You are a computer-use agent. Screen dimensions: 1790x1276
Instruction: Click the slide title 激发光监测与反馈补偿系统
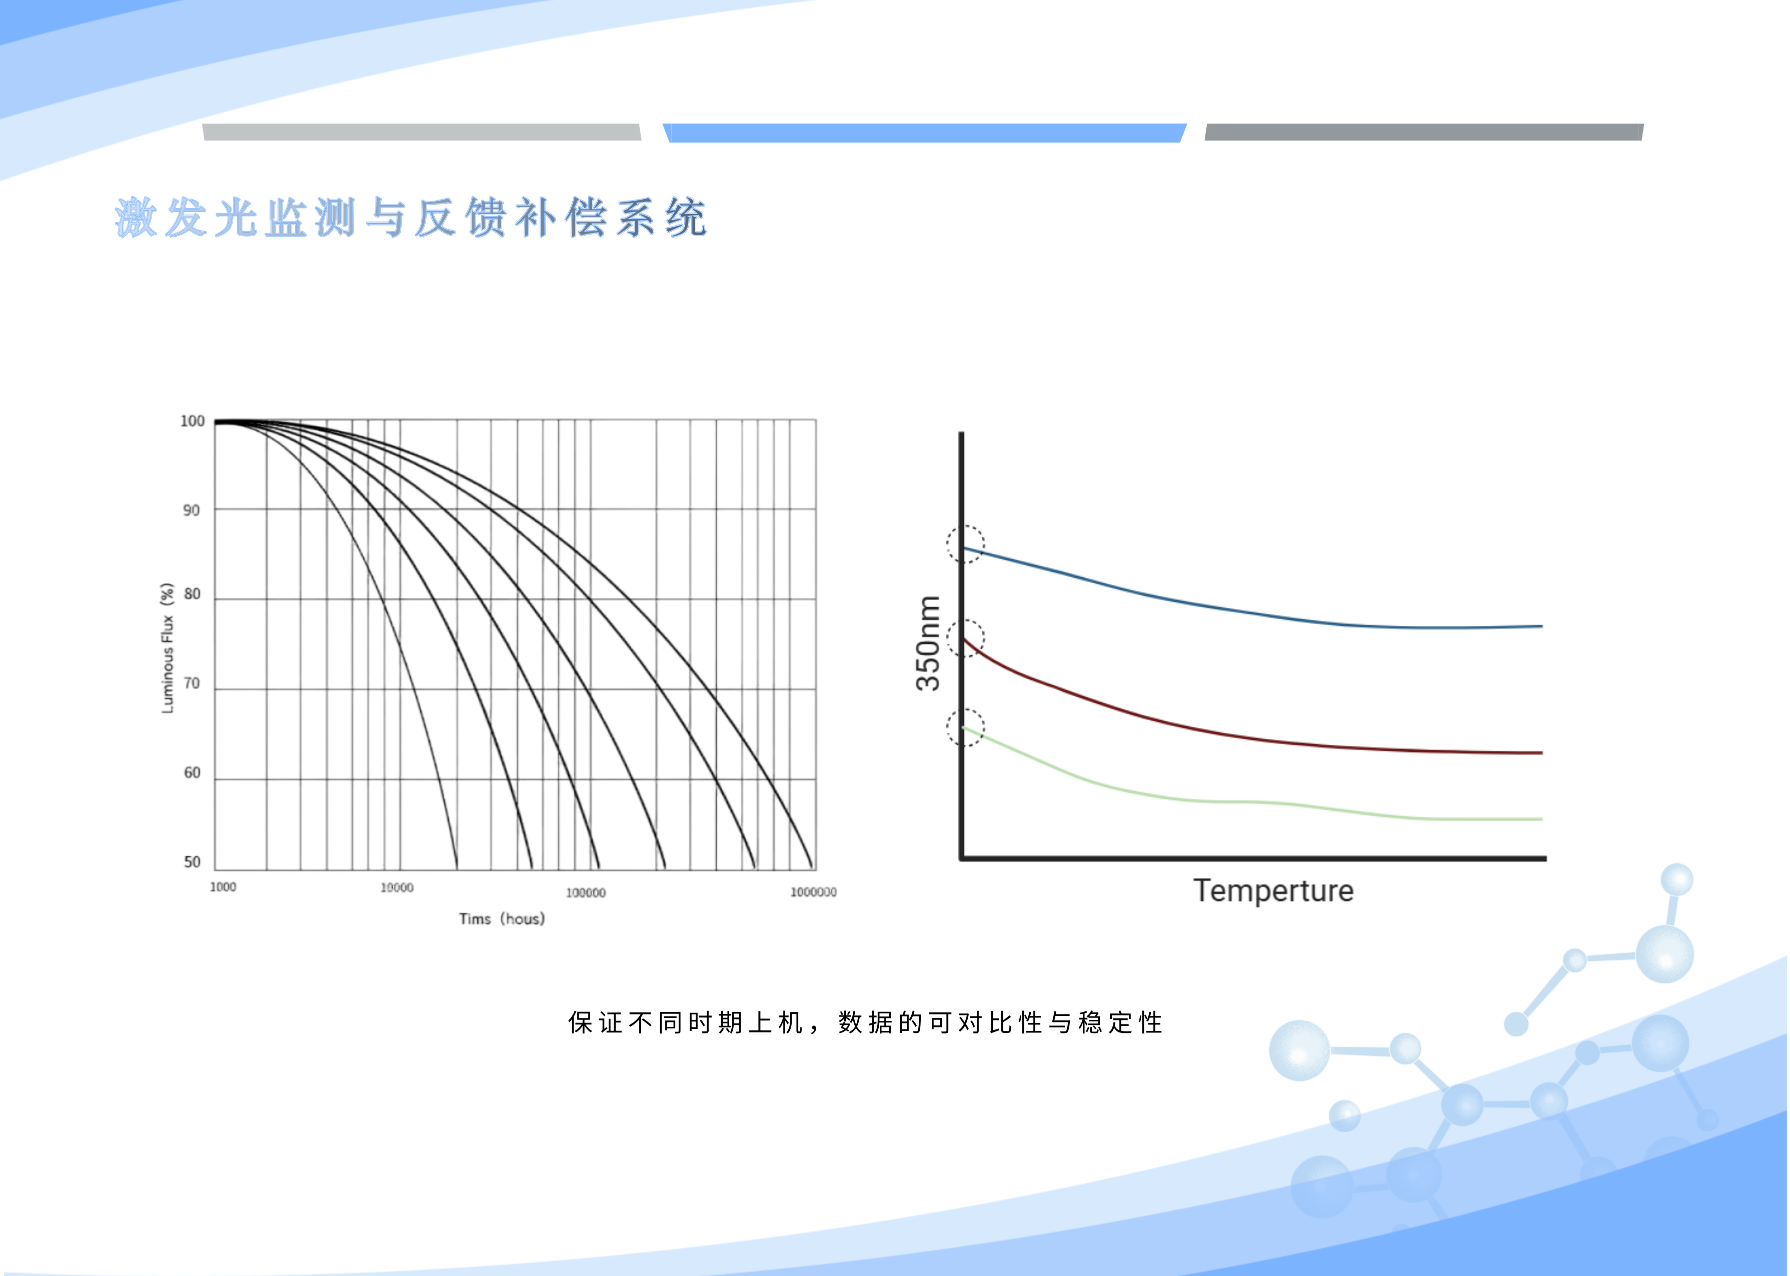coord(411,217)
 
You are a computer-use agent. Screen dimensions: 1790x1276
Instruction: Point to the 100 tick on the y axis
coord(193,421)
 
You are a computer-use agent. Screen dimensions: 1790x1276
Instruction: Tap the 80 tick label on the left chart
coord(192,594)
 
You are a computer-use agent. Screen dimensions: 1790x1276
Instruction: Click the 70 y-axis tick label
coord(192,684)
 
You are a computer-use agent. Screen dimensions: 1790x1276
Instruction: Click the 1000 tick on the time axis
coord(223,887)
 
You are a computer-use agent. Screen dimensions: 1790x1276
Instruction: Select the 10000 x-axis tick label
coord(397,888)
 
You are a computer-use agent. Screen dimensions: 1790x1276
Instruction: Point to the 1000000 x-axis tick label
coord(814,892)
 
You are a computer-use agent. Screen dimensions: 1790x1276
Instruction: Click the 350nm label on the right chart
coord(928,643)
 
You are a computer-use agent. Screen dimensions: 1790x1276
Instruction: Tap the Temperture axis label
coord(1273,891)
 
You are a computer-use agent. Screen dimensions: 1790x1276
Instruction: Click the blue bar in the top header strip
coord(924,133)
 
